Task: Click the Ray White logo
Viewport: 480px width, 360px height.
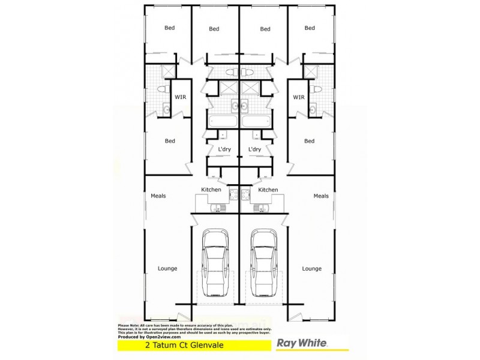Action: tap(301, 344)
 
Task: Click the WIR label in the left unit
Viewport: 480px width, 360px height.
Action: tap(180, 97)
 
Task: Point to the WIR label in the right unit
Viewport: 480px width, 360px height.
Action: tap(299, 97)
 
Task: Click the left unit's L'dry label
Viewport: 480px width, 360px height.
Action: tap(224, 149)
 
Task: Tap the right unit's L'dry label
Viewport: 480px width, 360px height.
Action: tap(254, 149)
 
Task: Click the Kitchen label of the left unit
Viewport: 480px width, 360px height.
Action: tap(211, 190)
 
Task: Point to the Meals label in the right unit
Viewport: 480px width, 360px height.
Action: tap(321, 196)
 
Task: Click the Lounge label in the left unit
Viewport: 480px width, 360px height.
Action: tap(167, 268)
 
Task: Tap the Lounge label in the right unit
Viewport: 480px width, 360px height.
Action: tap(311, 268)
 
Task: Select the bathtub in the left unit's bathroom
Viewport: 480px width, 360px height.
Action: tap(223, 121)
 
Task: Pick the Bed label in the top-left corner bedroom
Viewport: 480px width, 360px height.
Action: tap(170, 28)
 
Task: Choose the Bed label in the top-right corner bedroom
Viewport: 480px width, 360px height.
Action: tap(310, 28)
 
